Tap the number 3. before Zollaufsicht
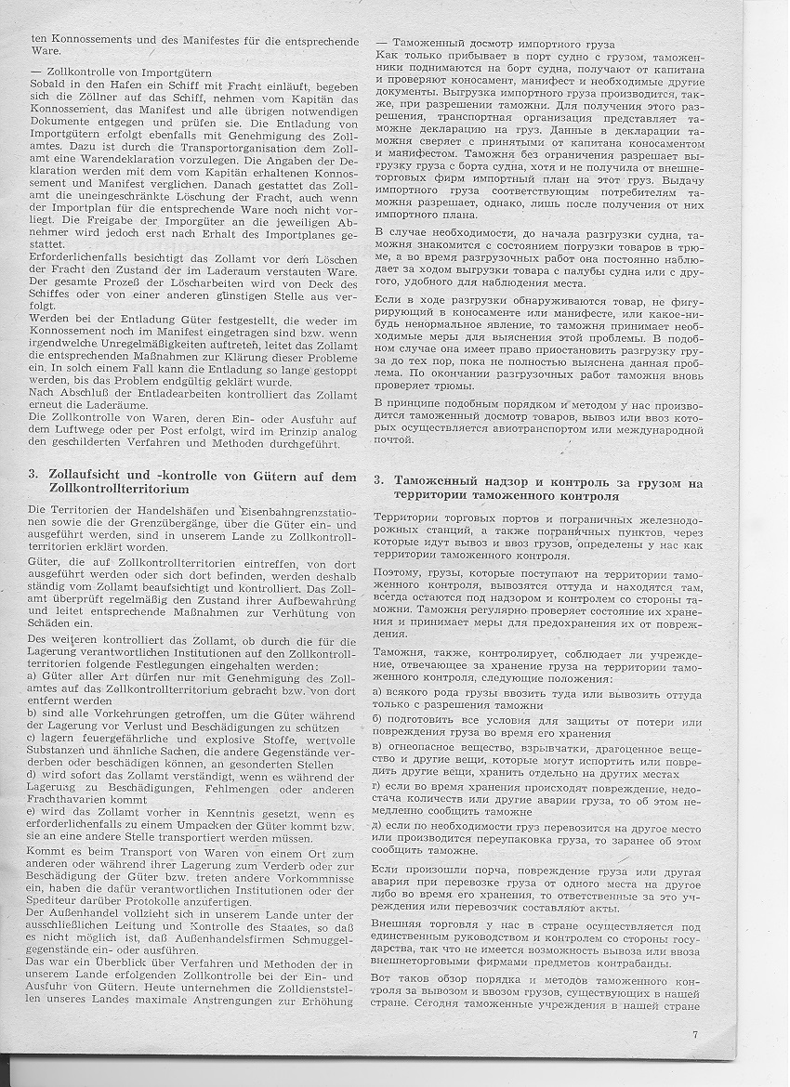click(x=33, y=476)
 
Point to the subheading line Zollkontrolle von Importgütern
click(x=120, y=72)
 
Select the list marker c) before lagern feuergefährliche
click(x=34, y=736)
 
